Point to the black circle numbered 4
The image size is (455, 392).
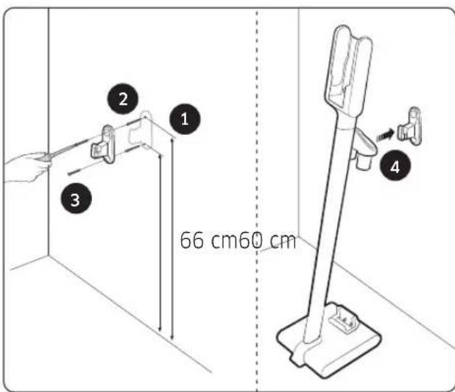point(395,167)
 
